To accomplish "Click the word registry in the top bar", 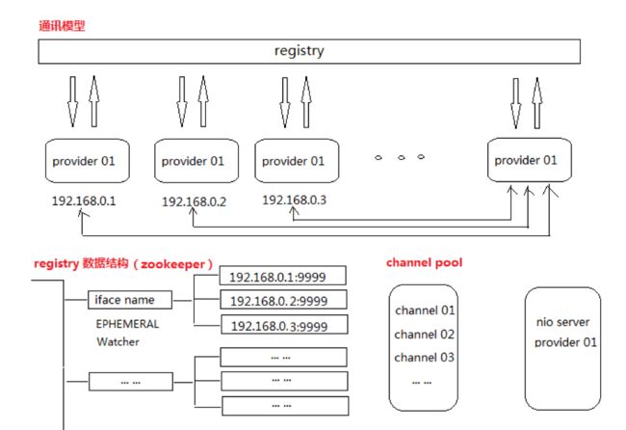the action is click(299, 51).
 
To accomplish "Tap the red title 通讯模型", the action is click(62, 26).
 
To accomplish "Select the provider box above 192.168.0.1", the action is click(88, 161).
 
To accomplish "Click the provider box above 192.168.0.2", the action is click(196, 161).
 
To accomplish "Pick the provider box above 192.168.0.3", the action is click(297, 161).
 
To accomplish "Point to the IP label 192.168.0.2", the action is click(194, 202).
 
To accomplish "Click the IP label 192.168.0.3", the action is click(295, 200).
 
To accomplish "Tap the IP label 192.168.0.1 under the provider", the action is click(84, 201).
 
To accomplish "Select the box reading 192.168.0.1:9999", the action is click(282, 276).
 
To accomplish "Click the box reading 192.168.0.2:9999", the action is click(283, 300).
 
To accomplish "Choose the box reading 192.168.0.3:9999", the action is click(284, 325).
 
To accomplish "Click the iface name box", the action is click(130, 300).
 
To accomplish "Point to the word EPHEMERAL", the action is click(127, 324).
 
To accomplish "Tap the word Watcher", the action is click(117, 341).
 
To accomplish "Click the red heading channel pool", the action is click(425, 262).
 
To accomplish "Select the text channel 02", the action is click(425, 335).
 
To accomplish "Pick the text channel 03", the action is click(425, 358).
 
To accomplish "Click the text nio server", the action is click(563, 322).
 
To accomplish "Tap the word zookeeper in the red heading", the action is click(172, 264).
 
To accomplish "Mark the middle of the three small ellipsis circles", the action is click(402, 157).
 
